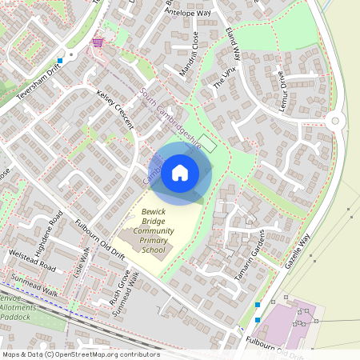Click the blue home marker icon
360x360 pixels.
click(x=180, y=172)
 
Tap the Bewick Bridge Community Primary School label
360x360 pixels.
click(x=153, y=231)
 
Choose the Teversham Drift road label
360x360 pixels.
click(x=31, y=89)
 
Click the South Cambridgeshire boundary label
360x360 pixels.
click(x=170, y=118)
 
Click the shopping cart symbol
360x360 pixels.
click(x=98, y=41)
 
